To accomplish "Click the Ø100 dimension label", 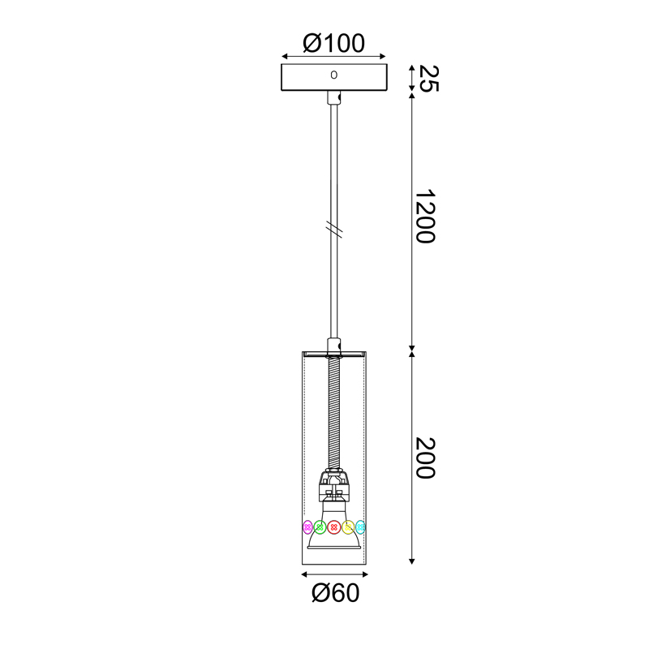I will tap(333, 43).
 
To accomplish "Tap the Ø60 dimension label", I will tap(334, 594).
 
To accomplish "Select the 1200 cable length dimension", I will tap(424, 217).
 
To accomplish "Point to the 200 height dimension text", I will tap(424, 458).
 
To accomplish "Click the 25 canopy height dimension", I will tap(426, 78).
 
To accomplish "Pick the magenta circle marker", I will tap(307, 527).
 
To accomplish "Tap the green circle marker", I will tap(320, 527).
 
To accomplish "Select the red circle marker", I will tap(333, 527).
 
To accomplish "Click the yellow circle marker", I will tap(347, 527).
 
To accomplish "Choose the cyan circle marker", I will tap(360, 527).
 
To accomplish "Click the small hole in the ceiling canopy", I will tap(333, 75).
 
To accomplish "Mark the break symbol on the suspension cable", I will tap(333, 230).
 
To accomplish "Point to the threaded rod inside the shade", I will tap(333, 414).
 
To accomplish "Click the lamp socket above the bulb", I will tap(333, 487).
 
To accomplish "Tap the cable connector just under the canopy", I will tap(333, 98).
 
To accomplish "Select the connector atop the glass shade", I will tap(333, 346).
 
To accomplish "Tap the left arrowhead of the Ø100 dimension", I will tap(285, 58).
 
